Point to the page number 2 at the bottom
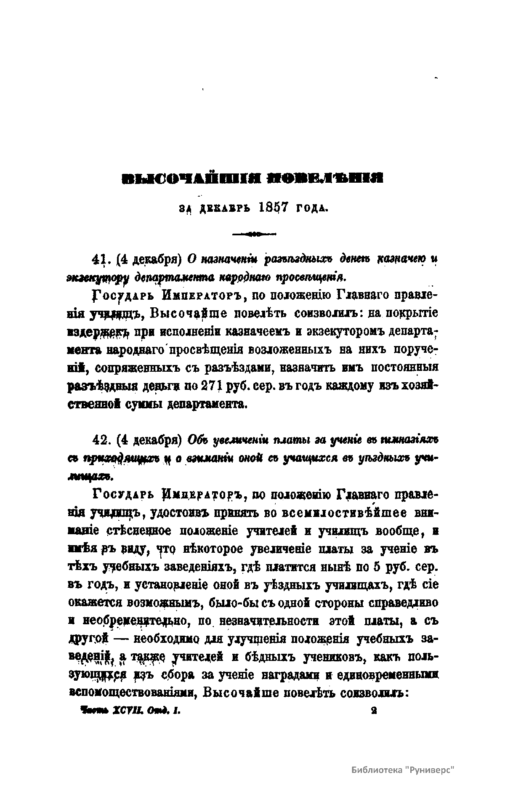coord(373,710)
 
